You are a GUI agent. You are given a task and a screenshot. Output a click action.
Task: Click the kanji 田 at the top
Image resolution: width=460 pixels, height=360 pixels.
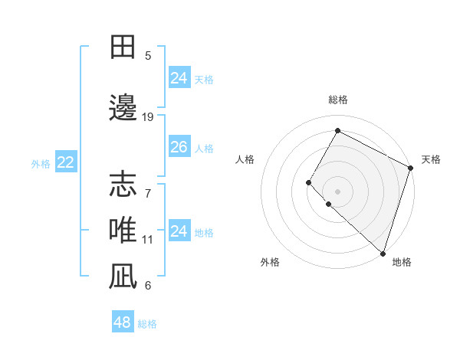point(123,47)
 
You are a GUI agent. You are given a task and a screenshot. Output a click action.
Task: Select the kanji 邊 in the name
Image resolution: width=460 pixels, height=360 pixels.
point(123,107)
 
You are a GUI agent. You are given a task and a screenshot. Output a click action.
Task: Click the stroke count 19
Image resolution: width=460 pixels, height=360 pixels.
point(148,116)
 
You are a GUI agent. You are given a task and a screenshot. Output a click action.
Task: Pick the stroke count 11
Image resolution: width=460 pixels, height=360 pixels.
point(148,240)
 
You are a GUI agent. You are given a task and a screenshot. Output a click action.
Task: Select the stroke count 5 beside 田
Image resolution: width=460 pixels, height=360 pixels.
point(148,56)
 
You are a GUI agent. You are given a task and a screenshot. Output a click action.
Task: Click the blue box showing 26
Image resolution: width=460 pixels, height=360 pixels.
point(179,147)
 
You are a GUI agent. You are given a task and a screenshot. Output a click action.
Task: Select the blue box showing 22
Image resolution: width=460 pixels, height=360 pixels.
point(65,162)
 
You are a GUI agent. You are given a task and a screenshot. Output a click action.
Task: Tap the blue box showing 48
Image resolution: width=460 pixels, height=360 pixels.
point(123,322)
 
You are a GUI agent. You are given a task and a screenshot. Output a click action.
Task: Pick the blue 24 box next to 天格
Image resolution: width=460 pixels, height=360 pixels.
point(179,78)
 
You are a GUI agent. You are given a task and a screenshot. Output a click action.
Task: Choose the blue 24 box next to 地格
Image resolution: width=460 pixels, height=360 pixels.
point(179,231)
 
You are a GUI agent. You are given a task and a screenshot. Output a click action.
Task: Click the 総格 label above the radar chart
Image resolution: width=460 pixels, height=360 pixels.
point(337,100)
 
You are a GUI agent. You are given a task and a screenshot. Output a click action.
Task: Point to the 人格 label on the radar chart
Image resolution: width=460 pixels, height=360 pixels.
point(245,159)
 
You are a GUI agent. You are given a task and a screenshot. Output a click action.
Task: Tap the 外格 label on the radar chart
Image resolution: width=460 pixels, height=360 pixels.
point(270,262)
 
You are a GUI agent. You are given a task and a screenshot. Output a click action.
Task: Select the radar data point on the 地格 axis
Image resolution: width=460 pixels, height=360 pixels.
point(382,253)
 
